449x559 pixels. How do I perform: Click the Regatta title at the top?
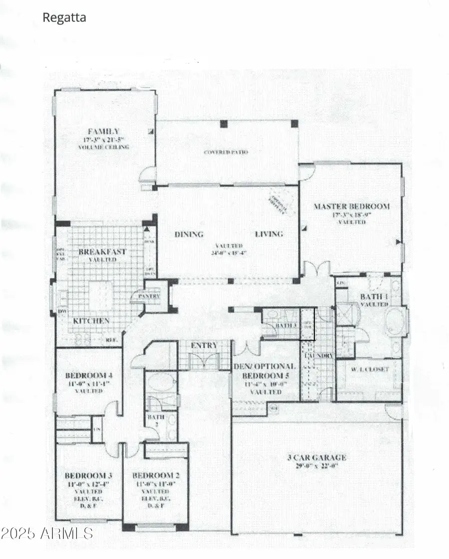coord(65,18)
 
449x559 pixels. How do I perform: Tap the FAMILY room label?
coord(103,132)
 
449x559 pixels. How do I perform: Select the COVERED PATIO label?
coord(226,152)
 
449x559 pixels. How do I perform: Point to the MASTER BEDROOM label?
coord(351,206)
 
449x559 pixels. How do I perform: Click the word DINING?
coord(189,234)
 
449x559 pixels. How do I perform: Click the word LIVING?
coord(269,234)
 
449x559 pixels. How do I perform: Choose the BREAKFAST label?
coord(102,252)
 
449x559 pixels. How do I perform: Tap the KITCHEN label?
coord(91,321)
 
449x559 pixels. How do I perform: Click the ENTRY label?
coord(205,346)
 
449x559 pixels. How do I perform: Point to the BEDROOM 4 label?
coord(85,375)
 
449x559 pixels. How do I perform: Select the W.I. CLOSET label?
coord(369,370)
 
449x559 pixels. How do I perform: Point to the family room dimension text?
coord(103,140)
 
